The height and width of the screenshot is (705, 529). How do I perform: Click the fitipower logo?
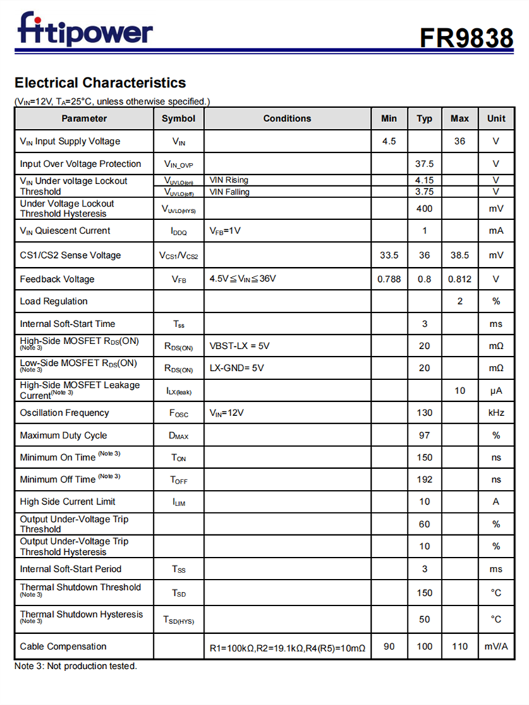[x=85, y=30]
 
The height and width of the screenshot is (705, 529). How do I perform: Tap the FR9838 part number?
[x=466, y=37]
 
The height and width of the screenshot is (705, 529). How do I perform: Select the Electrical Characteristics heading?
[x=100, y=82]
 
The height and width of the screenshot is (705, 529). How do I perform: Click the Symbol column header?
[x=178, y=118]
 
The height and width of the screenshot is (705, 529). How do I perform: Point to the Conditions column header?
[x=287, y=118]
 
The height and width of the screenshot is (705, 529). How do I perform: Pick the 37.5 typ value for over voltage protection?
[x=424, y=164]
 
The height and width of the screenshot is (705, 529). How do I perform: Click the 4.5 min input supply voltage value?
[x=389, y=141]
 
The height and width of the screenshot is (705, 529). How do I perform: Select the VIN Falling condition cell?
[x=229, y=191]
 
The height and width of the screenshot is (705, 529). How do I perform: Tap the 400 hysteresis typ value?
[x=424, y=209]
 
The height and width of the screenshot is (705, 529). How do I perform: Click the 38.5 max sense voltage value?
[x=459, y=255]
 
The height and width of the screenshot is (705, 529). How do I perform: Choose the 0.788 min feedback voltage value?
[x=389, y=279]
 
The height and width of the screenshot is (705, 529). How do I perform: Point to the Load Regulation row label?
[x=54, y=301]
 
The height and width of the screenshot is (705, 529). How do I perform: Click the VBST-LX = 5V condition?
[x=240, y=346]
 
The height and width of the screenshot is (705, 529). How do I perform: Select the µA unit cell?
[x=496, y=391]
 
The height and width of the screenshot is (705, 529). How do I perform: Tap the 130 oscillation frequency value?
[x=424, y=412]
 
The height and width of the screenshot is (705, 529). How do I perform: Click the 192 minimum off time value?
[x=424, y=479]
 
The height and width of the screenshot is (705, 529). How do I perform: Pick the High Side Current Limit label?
[x=68, y=501]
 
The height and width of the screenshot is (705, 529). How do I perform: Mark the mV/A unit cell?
[x=496, y=646]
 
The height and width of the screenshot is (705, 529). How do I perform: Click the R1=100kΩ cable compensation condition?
[x=287, y=647]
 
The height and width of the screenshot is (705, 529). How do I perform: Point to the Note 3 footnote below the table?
[x=75, y=666]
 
